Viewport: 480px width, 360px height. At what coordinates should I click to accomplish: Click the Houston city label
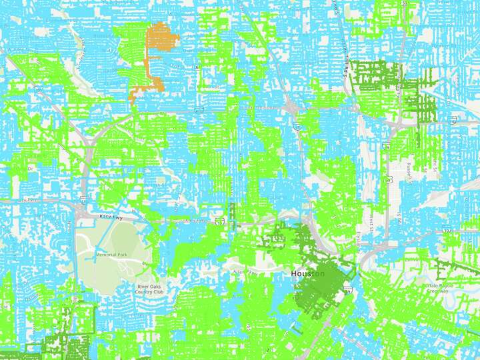click(307, 274)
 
